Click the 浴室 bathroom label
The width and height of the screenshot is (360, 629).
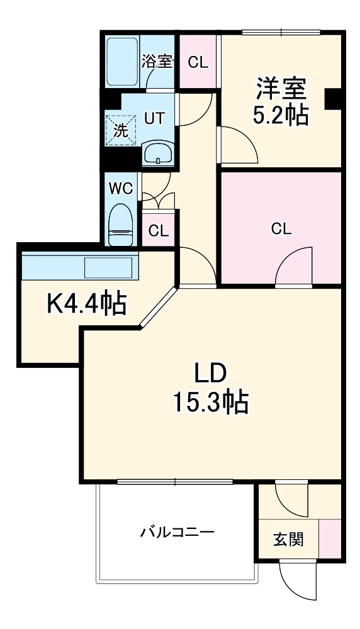157,61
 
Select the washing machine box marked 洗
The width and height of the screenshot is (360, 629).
120,131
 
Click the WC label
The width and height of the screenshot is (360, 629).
120,188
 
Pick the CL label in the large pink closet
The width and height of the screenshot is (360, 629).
281,229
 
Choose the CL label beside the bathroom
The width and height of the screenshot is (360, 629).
198,62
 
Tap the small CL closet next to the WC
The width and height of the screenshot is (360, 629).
158,230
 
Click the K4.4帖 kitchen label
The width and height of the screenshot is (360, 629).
87,304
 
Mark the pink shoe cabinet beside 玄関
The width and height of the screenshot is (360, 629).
330,538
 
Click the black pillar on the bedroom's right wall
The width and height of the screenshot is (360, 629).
333,97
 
